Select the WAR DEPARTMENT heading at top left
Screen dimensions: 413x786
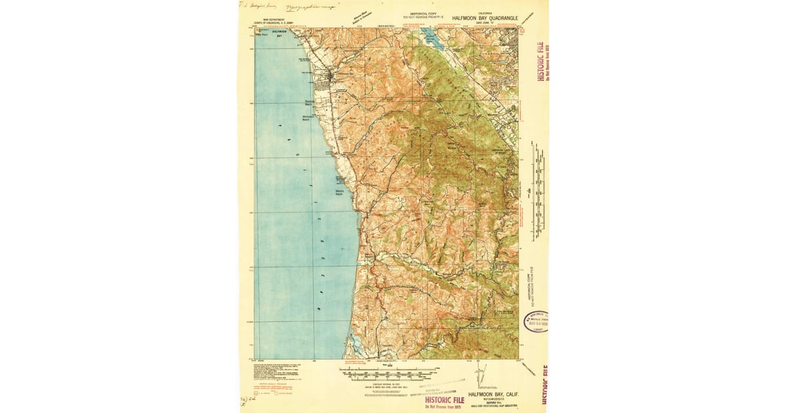[275, 19]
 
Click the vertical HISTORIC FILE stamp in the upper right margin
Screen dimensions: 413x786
[541, 61]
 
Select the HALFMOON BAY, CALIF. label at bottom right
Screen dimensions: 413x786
[494, 395]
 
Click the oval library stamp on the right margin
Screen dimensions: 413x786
[535, 321]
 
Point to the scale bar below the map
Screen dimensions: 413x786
[386, 375]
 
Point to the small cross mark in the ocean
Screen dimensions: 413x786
[342, 248]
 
